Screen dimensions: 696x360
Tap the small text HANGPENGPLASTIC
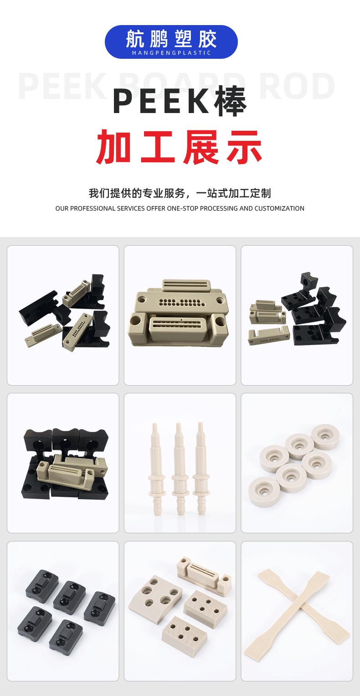pyautogui.click(x=171, y=53)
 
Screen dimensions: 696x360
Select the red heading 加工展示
pyautogui.click(x=180, y=147)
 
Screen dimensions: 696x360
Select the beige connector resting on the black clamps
pyautogui.click(x=71, y=471)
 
